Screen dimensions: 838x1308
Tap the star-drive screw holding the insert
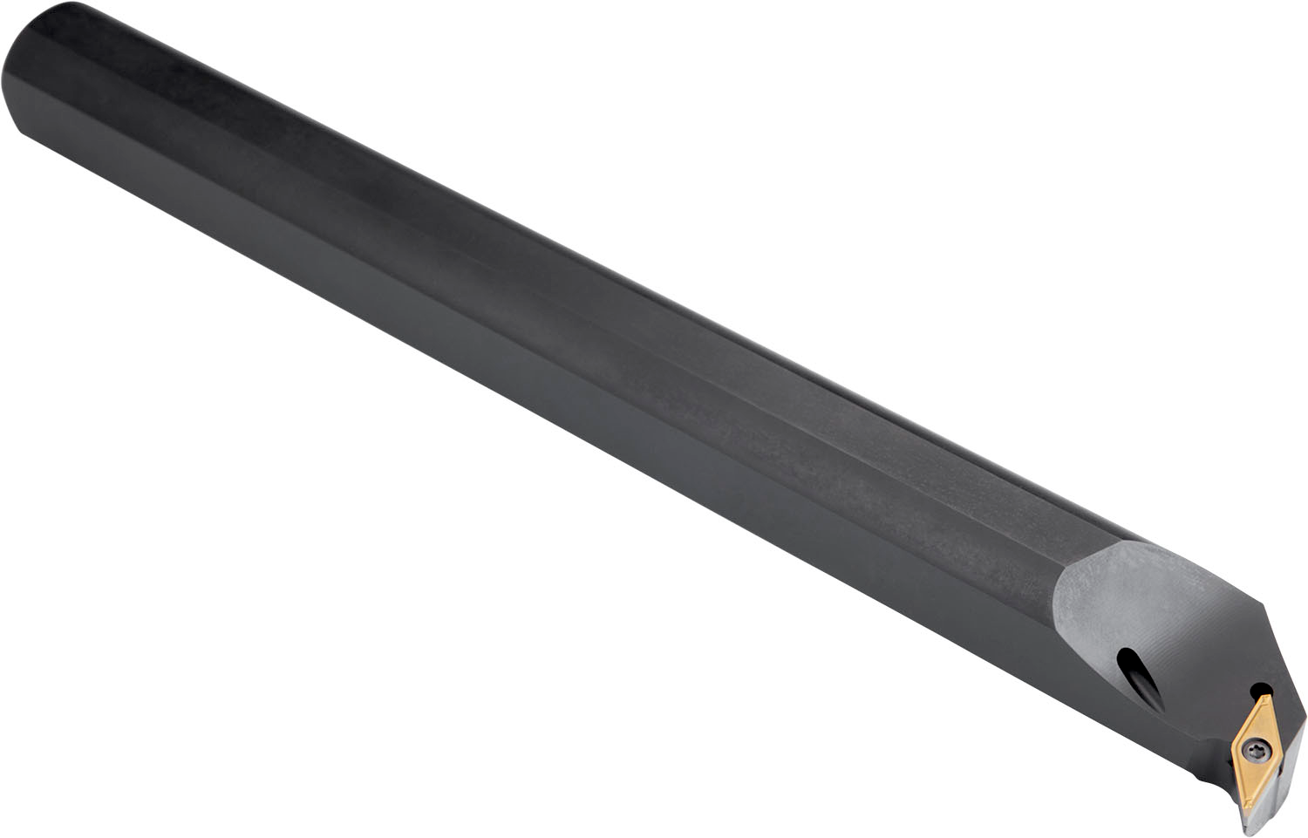1256,747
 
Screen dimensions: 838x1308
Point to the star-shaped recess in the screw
1256,747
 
